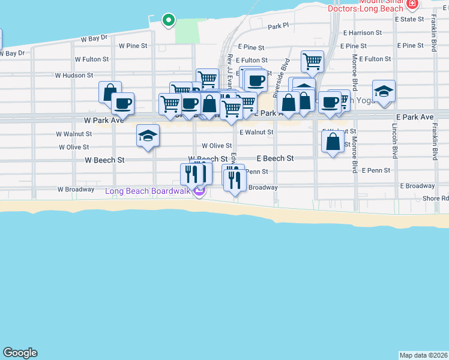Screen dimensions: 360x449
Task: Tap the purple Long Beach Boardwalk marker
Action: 199,191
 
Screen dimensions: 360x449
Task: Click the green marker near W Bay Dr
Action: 169,20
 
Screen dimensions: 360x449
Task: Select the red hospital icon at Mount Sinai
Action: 412,4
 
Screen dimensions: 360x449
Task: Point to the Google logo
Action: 20,353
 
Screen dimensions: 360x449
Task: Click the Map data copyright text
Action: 423,355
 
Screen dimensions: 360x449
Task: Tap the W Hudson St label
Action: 74,76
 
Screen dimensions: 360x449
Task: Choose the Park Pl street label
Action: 279,26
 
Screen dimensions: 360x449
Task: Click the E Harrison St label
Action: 363,32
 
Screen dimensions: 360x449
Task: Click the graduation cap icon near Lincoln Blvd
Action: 384,91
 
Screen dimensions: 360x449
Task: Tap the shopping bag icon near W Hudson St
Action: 110,92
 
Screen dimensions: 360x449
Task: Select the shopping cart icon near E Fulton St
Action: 312,61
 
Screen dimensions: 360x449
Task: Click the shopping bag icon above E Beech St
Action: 333,142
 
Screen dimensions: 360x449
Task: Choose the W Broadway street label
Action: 76,190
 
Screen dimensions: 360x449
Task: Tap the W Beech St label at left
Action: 104,160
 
